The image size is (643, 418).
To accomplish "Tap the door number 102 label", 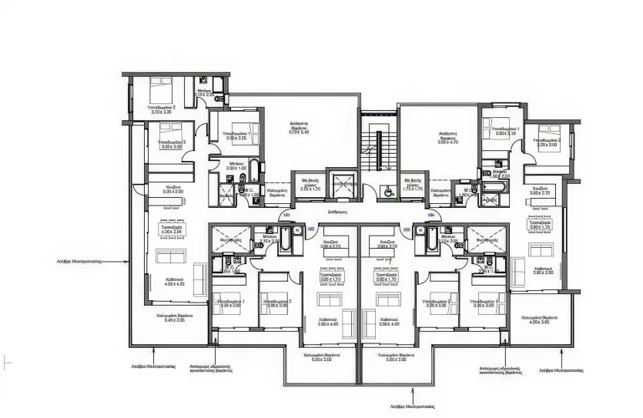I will pos(310,229).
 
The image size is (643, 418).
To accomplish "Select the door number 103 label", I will pos(406,229).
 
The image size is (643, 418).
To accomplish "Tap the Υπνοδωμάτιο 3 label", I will pos(172,144).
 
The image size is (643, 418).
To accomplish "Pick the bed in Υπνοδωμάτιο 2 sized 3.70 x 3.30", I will pos(162,87).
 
